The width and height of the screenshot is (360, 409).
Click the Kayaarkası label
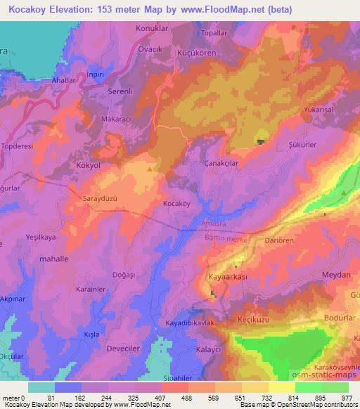pos(228,278)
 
